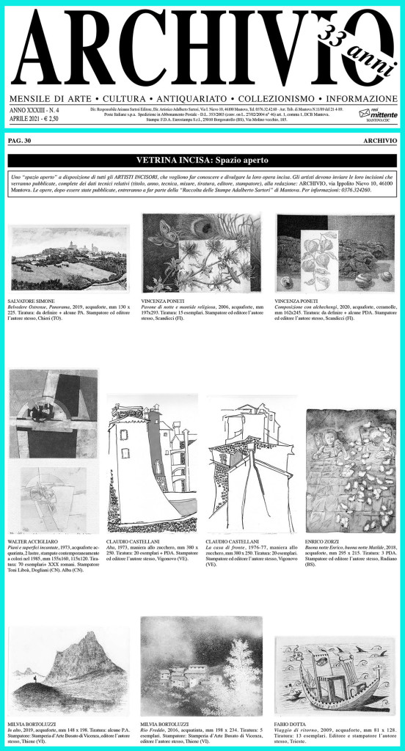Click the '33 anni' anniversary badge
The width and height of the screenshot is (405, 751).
coord(346,48)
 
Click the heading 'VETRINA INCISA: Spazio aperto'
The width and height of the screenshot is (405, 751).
coord(202,159)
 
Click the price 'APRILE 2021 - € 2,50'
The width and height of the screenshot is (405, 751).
coord(33,116)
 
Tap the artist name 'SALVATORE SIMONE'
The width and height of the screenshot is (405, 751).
coord(32,301)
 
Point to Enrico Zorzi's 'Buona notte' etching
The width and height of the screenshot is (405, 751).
coord(351,470)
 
